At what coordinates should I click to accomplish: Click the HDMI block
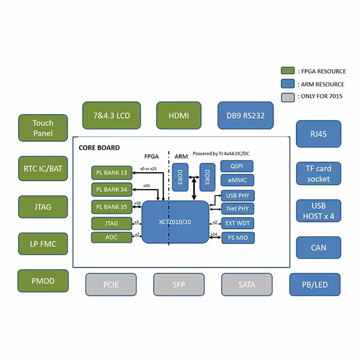[179, 115]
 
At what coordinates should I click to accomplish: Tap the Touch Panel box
[43, 127]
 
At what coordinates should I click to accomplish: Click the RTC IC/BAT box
[43, 169]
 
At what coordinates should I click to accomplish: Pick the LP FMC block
[43, 245]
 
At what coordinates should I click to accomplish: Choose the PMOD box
[43, 281]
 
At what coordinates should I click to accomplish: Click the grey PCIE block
[110, 284]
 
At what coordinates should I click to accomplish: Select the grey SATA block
[247, 284]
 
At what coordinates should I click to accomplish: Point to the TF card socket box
[319, 174]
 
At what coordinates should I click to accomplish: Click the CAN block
[319, 247]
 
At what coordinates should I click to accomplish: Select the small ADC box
[112, 238]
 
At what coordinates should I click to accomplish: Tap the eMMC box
[237, 181]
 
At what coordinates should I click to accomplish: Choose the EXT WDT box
[237, 224]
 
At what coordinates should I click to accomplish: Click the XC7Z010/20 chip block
[175, 222]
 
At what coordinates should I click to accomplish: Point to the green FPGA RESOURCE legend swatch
[287, 71]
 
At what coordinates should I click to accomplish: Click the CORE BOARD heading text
[99, 148]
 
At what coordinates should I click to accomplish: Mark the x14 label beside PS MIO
[214, 235]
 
